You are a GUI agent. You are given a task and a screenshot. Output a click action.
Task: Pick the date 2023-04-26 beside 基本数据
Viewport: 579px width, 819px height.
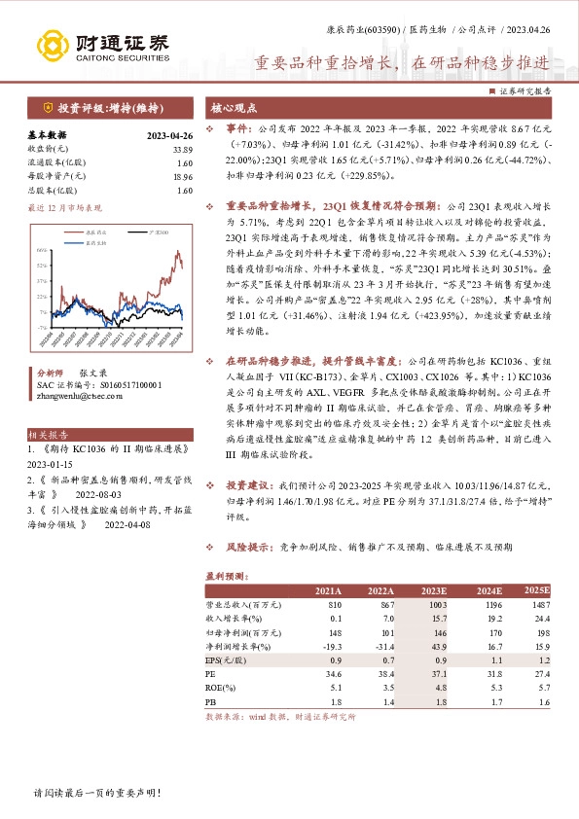169,135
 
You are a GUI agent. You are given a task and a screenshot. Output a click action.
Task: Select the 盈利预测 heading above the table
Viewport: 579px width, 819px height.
226,575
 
